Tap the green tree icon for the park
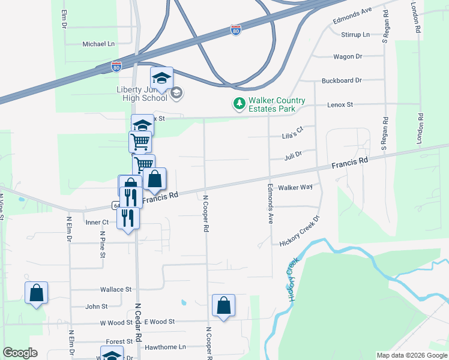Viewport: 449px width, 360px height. pos(240,104)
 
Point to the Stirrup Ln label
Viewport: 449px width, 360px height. pos(355,35)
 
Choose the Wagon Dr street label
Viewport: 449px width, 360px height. pos(348,56)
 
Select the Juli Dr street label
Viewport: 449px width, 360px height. pos(293,154)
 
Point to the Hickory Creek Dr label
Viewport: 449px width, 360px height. pos(301,230)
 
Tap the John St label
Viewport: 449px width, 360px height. pos(96,306)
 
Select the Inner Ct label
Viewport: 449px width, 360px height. pos(96,222)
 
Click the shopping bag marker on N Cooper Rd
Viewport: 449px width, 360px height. pos(223,305)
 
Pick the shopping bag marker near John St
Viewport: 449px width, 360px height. pos(36,293)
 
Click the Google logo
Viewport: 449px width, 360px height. pos(20,353)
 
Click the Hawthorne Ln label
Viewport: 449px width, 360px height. pos(165,347)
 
